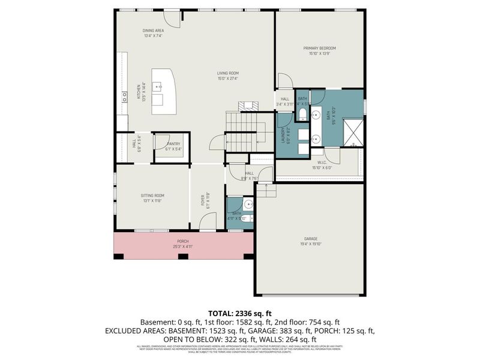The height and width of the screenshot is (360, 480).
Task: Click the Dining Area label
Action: coord(153,31)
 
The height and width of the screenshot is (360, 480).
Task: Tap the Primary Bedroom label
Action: coord(322,48)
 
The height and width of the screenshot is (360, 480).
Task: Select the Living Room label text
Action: coord(227,73)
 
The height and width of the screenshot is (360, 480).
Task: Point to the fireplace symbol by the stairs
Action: coord(248,106)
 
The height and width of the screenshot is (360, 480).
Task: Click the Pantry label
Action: coord(173,144)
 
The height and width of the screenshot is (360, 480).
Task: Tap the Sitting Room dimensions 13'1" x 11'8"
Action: coord(153,201)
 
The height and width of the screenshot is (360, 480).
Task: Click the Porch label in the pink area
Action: coord(183,241)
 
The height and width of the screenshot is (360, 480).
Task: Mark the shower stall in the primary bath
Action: coord(352,132)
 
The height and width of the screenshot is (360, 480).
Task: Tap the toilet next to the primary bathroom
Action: coord(302,114)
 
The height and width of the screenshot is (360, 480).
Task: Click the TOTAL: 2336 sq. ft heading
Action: coord(239,313)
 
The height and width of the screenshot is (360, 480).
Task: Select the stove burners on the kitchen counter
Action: coord(125,95)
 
